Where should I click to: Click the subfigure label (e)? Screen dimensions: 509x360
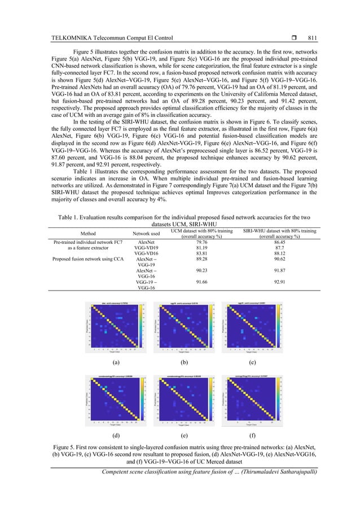(x=184, y=436)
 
